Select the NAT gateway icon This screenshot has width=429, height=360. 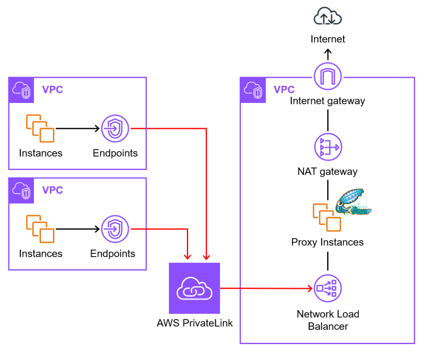[328, 147]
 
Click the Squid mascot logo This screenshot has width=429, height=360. [353, 203]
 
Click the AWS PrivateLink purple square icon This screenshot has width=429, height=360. [194, 288]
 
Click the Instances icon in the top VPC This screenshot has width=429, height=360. [40, 128]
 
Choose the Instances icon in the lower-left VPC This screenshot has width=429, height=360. [40, 229]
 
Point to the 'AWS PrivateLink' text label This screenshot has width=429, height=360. [195, 323]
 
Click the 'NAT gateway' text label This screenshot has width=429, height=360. [328, 171]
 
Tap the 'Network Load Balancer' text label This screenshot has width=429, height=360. [328, 320]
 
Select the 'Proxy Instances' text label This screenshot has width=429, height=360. [328, 242]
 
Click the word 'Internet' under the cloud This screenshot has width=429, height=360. [328, 39]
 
